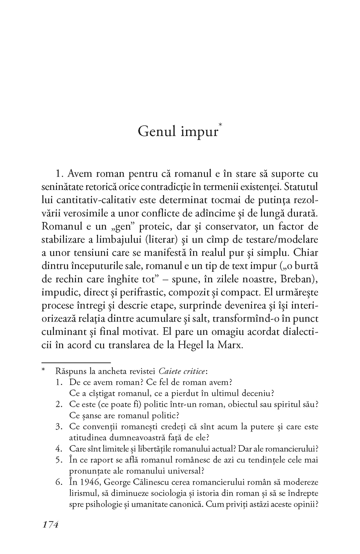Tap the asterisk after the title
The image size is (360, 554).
click(220, 125)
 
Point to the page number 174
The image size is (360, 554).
click(50, 524)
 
